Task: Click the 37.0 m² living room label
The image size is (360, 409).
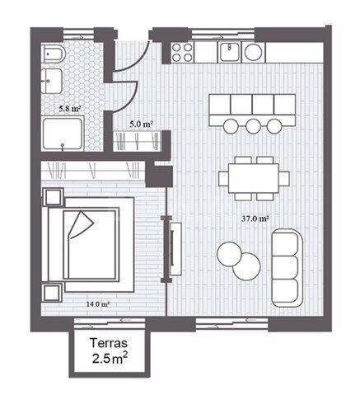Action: click(255, 219)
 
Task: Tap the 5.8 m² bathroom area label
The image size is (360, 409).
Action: click(70, 109)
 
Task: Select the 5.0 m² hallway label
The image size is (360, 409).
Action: click(141, 125)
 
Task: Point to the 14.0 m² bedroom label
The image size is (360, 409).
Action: click(98, 304)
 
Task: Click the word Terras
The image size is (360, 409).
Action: click(109, 343)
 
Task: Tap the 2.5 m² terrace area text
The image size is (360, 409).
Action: click(110, 359)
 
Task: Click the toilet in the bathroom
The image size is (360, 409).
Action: click(54, 54)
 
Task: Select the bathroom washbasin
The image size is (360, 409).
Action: click(52, 81)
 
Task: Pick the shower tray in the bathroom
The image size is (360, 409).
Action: click(63, 134)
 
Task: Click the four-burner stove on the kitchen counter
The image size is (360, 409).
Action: click(182, 52)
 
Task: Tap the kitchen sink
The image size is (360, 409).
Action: click(229, 52)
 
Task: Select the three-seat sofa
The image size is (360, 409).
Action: click(287, 268)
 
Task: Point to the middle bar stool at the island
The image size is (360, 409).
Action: click(253, 126)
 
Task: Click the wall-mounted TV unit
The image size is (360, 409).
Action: click(175, 248)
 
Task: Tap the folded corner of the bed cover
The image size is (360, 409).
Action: click(82, 223)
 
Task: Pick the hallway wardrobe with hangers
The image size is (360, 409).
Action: click(138, 142)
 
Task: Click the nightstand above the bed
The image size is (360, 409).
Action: click(54, 197)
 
